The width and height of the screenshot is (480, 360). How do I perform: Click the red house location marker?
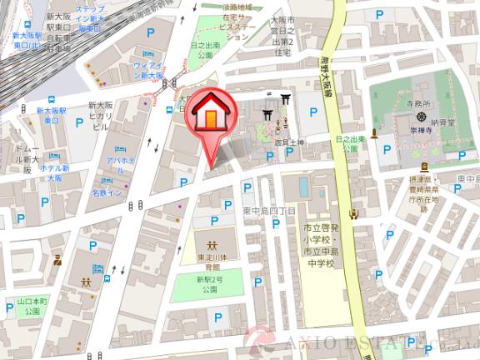[208, 116]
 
